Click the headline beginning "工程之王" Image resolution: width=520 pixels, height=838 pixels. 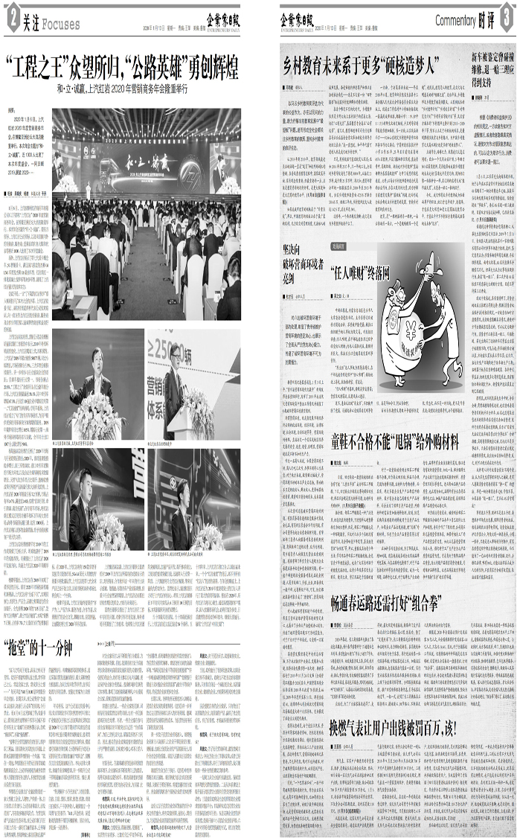pos(122,69)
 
